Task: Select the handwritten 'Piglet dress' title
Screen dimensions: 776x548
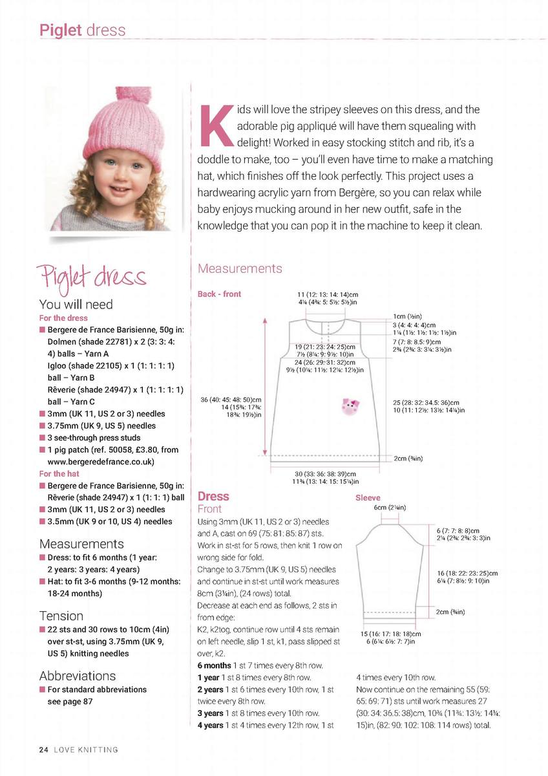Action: pyautogui.click(x=92, y=276)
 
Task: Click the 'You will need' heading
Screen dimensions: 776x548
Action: pyautogui.click(x=76, y=304)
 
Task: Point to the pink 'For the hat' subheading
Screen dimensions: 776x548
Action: pyautogui.click(x=59, y=473)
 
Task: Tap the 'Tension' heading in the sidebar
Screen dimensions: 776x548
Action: pyautogui.click(x=61, y=615)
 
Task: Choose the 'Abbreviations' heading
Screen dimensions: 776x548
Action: pyautogui.click(x=77, y=675)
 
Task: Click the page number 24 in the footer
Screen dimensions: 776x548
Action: pyautogui.click(x=43, y=749)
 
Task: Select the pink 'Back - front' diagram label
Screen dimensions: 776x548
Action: pyautogui.click(x=219, y=294)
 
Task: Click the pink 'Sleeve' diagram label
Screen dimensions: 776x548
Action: pyautogui.click(x=368, y=498)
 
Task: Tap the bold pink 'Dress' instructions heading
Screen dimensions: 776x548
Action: pyautogui.click(x=213, y=496)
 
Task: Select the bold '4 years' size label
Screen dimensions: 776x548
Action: pyautogui.click(x=211, y=725)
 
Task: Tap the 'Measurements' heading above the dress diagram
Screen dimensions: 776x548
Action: pyautogui.click(x=240, y=268)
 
